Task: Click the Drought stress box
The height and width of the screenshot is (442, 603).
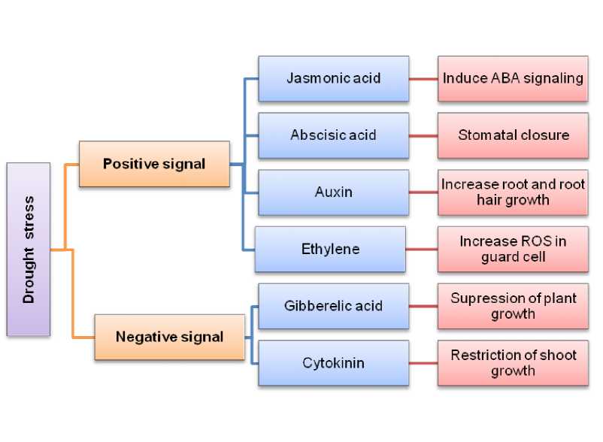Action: (29, 249)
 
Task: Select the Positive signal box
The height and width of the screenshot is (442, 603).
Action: (154, 164)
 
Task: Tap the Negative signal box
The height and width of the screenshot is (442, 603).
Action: (169, 337)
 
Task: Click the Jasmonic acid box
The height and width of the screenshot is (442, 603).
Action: (333, 78)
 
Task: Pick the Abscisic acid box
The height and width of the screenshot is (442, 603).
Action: (333, 135)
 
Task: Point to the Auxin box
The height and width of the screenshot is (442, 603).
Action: (333, 192)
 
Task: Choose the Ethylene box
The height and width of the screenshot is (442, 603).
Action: (331, 249)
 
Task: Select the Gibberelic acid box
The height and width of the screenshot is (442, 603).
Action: (333, 306)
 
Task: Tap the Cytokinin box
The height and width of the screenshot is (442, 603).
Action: (333, 363)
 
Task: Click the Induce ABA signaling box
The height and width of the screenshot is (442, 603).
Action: (513, 78)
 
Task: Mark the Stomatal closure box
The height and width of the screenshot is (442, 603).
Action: (513, 135)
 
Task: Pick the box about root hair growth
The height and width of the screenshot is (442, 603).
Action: (513, 192)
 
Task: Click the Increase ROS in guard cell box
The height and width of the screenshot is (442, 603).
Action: (513, 249)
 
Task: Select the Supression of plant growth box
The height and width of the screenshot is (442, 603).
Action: (513, 306)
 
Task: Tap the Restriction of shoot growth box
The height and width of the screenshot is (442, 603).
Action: (513, 363)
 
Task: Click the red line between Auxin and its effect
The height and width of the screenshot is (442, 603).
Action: (423, 192)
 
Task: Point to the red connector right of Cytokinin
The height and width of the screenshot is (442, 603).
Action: (423, 363)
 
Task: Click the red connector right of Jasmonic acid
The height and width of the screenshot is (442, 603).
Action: (423, 78)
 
